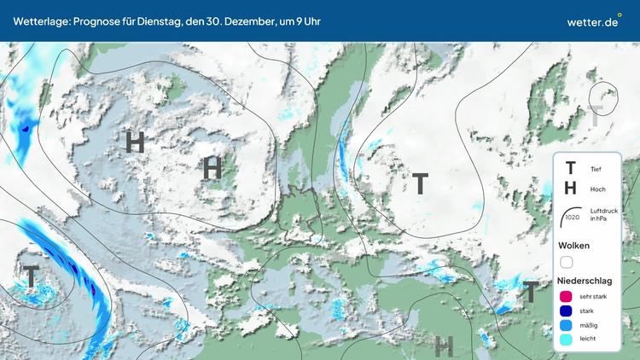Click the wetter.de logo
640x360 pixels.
pos(592,21)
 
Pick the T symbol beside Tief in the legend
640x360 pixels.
pos(570,169)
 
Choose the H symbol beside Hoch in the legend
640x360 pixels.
pos(570,189)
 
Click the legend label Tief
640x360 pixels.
pos(596,169)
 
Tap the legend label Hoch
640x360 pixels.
pos(597,189)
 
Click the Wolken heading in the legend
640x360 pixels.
pos(573,246)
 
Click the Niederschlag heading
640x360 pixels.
pos(585,280)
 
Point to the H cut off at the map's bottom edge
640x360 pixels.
pos(443,346)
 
